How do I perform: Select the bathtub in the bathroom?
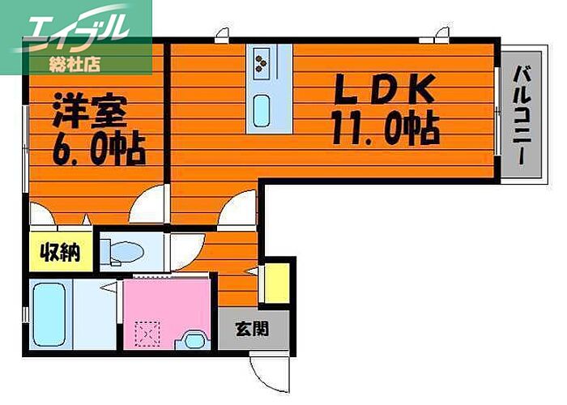click(49, 313)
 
